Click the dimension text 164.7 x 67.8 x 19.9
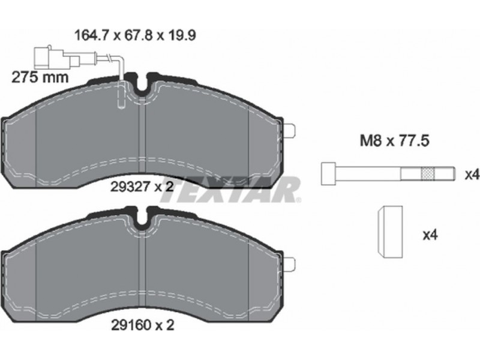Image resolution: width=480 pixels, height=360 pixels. click(135, 35)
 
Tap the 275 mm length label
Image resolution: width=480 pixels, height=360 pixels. click(40, 77)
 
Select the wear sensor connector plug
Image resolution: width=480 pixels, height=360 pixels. click(57, 58)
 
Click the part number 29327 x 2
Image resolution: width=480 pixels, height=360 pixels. click(142, 186)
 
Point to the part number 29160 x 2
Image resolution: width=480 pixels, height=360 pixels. click(142, 325)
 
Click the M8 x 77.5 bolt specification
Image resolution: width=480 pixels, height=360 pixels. click(394, 141)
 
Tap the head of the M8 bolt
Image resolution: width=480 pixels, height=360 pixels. click(328, 174)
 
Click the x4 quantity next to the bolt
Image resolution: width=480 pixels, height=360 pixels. click(472, 175)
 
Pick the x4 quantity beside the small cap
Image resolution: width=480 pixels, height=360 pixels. click(430, 235)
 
